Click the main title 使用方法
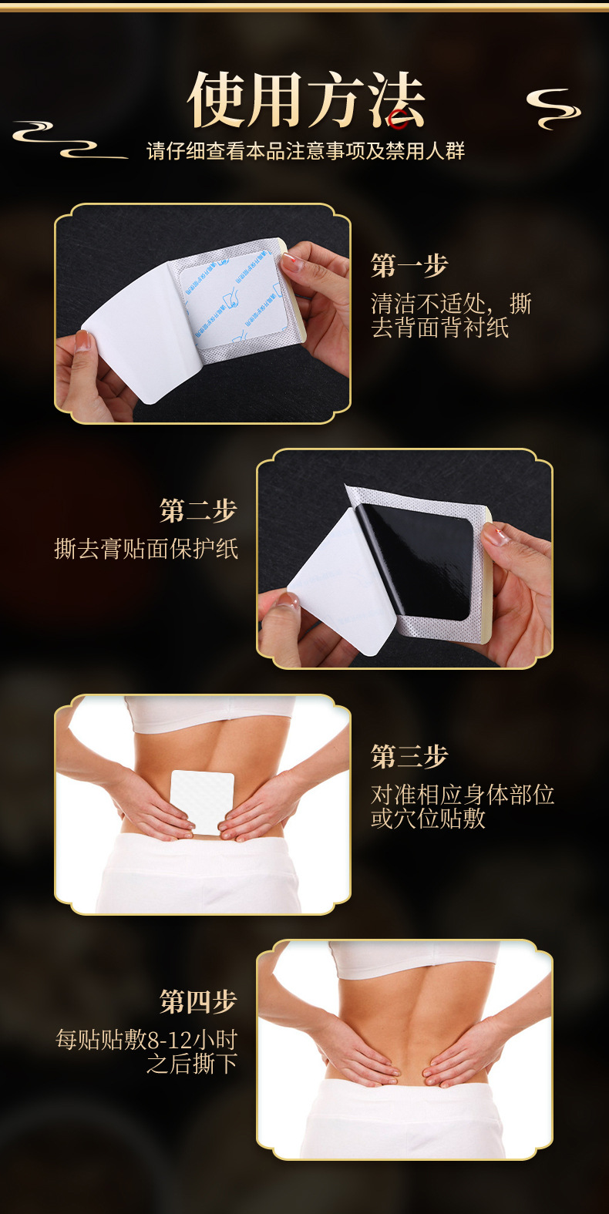click(x=306, y=99)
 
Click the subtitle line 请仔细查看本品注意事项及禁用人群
click(x=305, y=150)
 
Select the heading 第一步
click(x=409, y=266)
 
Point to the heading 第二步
click(x=198, y=510)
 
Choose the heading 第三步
click(x=409, y=757)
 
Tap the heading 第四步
click(x=198, y=1001)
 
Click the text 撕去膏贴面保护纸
click(x=146, y=549)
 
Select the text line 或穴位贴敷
click(x=428, y=819)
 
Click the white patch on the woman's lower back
click(x=202, y=802)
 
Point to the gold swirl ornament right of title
click(x=553, y=109)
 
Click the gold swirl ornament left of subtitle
click(x=70, y=140)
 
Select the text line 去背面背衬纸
click(x=439, y=328)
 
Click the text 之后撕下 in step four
click(x=192, y=1064)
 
